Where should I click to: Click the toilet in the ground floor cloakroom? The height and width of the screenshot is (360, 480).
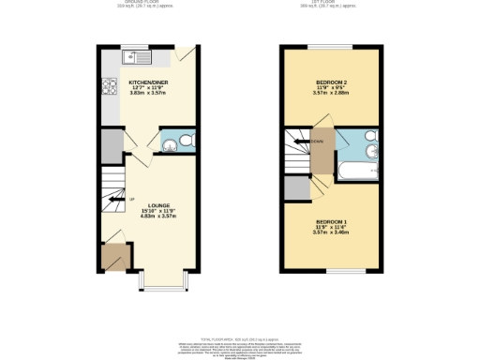[187, 141]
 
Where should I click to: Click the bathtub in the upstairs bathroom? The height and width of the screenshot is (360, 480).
[360, 171]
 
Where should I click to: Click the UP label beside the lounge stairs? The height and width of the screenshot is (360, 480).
[131, 199]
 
